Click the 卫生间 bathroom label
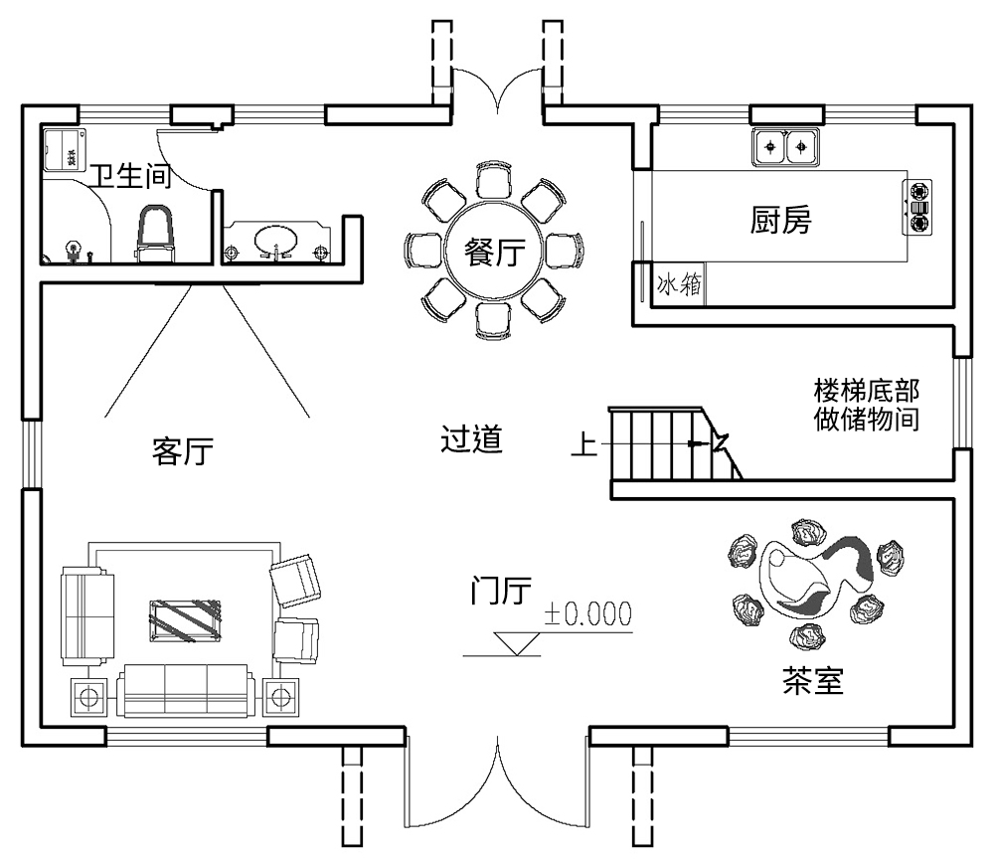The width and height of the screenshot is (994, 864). tap(131, 176)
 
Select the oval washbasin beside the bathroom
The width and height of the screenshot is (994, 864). tap(273, 242)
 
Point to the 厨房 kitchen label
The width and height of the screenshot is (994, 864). tap(780, 221)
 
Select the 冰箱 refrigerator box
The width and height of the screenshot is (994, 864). tap(679, 286)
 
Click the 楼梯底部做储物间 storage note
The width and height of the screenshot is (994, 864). tap(866, 404)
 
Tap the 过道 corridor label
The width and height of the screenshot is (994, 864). tap(470, 439)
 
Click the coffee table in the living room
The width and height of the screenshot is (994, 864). tap(185, 621)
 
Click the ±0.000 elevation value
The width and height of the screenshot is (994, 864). tap(586, 614)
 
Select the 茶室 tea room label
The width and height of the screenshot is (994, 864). tap(812, 681)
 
